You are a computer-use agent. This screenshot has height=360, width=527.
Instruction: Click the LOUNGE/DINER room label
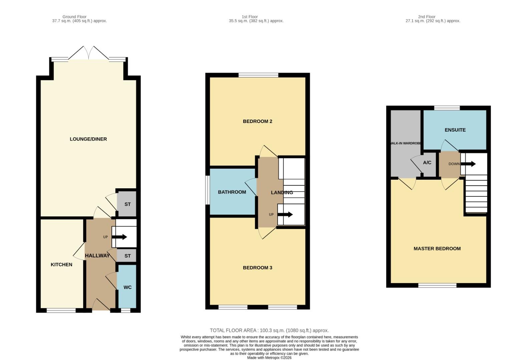pyautogui.click(x=88, y=139)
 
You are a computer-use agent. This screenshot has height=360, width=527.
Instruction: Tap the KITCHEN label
pyautogui.click(x=61, y=265)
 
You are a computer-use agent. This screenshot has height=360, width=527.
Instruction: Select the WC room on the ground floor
pyautogui.click(x=127, y=287)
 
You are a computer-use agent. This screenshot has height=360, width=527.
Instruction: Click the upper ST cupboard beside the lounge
pyautogui.click(x=127, y=204)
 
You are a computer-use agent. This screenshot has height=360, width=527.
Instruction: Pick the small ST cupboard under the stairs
pyautogui.click(x=127, y=256)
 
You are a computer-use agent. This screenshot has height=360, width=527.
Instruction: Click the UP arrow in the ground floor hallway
pyautogui.click(x=119, y=237)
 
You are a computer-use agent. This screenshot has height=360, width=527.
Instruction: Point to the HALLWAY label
pyautogui.click(x=97, y=256)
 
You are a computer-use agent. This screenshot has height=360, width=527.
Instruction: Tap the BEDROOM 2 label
pyautogui.click(x=257, y=121)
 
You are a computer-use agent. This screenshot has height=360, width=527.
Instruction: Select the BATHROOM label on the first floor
pyautogui.click(x=232, y=192)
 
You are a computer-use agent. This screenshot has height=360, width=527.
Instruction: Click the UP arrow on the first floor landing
pyautogui.click(x=285, y=214)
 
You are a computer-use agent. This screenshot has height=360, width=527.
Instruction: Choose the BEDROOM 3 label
pyautogui.click(x=257, y=268)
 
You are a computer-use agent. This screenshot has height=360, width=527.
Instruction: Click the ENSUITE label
pyautogui.click(x=455, y=130)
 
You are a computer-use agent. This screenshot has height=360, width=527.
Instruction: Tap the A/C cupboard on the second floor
pyautogui.click(x=427, y=163)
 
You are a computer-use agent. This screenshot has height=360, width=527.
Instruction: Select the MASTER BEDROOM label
pyautogui.click(x=437, y=249)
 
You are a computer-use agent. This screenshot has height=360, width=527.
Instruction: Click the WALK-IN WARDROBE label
pyautogui.click(x=405, y=143)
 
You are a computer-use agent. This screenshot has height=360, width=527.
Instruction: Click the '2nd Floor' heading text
pyautogui.click(x=427, y=17)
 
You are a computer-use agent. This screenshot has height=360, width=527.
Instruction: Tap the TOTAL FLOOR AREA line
pyautogui.click(x=269, y=330)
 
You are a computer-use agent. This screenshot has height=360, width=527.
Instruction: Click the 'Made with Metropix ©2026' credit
pyautogui.click(x=269, y=358)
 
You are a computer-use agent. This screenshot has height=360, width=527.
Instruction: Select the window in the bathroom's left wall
pyautogui.click(x=207, y=190)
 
